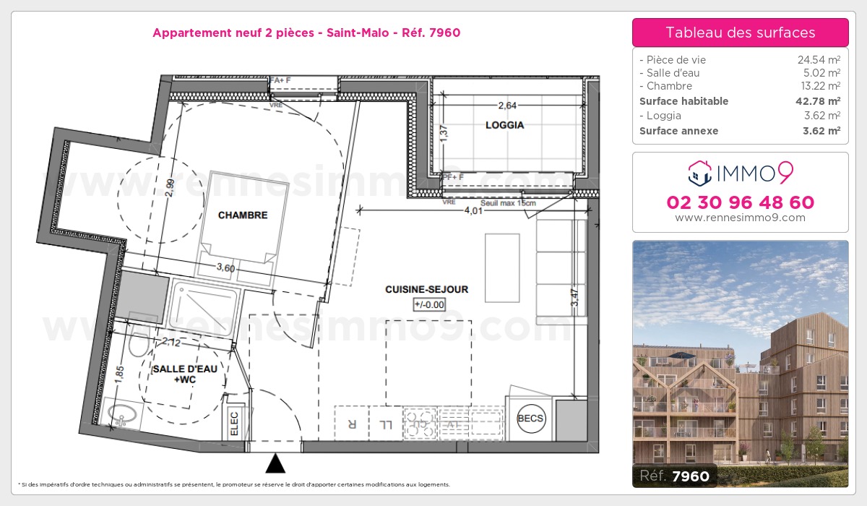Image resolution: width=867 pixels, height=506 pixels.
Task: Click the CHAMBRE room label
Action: pos(243,215)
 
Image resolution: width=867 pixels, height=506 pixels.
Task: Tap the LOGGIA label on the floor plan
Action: pos(504,125)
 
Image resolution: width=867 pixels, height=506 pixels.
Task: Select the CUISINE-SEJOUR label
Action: pos(426,289)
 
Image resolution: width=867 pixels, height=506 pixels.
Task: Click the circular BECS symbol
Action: pos(531,419)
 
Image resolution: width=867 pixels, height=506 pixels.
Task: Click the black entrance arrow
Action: pos(275,463)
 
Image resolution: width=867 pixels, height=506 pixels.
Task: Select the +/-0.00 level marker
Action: pos(429,304)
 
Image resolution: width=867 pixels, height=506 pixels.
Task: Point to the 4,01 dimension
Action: pos(472,211)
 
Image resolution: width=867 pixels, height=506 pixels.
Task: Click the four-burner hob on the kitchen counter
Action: pos(420,423)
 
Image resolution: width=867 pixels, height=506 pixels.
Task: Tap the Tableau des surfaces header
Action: pos(740,33)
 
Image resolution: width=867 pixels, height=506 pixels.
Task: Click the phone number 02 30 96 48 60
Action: pos(740,202)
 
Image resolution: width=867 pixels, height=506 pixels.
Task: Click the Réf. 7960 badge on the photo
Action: pos(675,476)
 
